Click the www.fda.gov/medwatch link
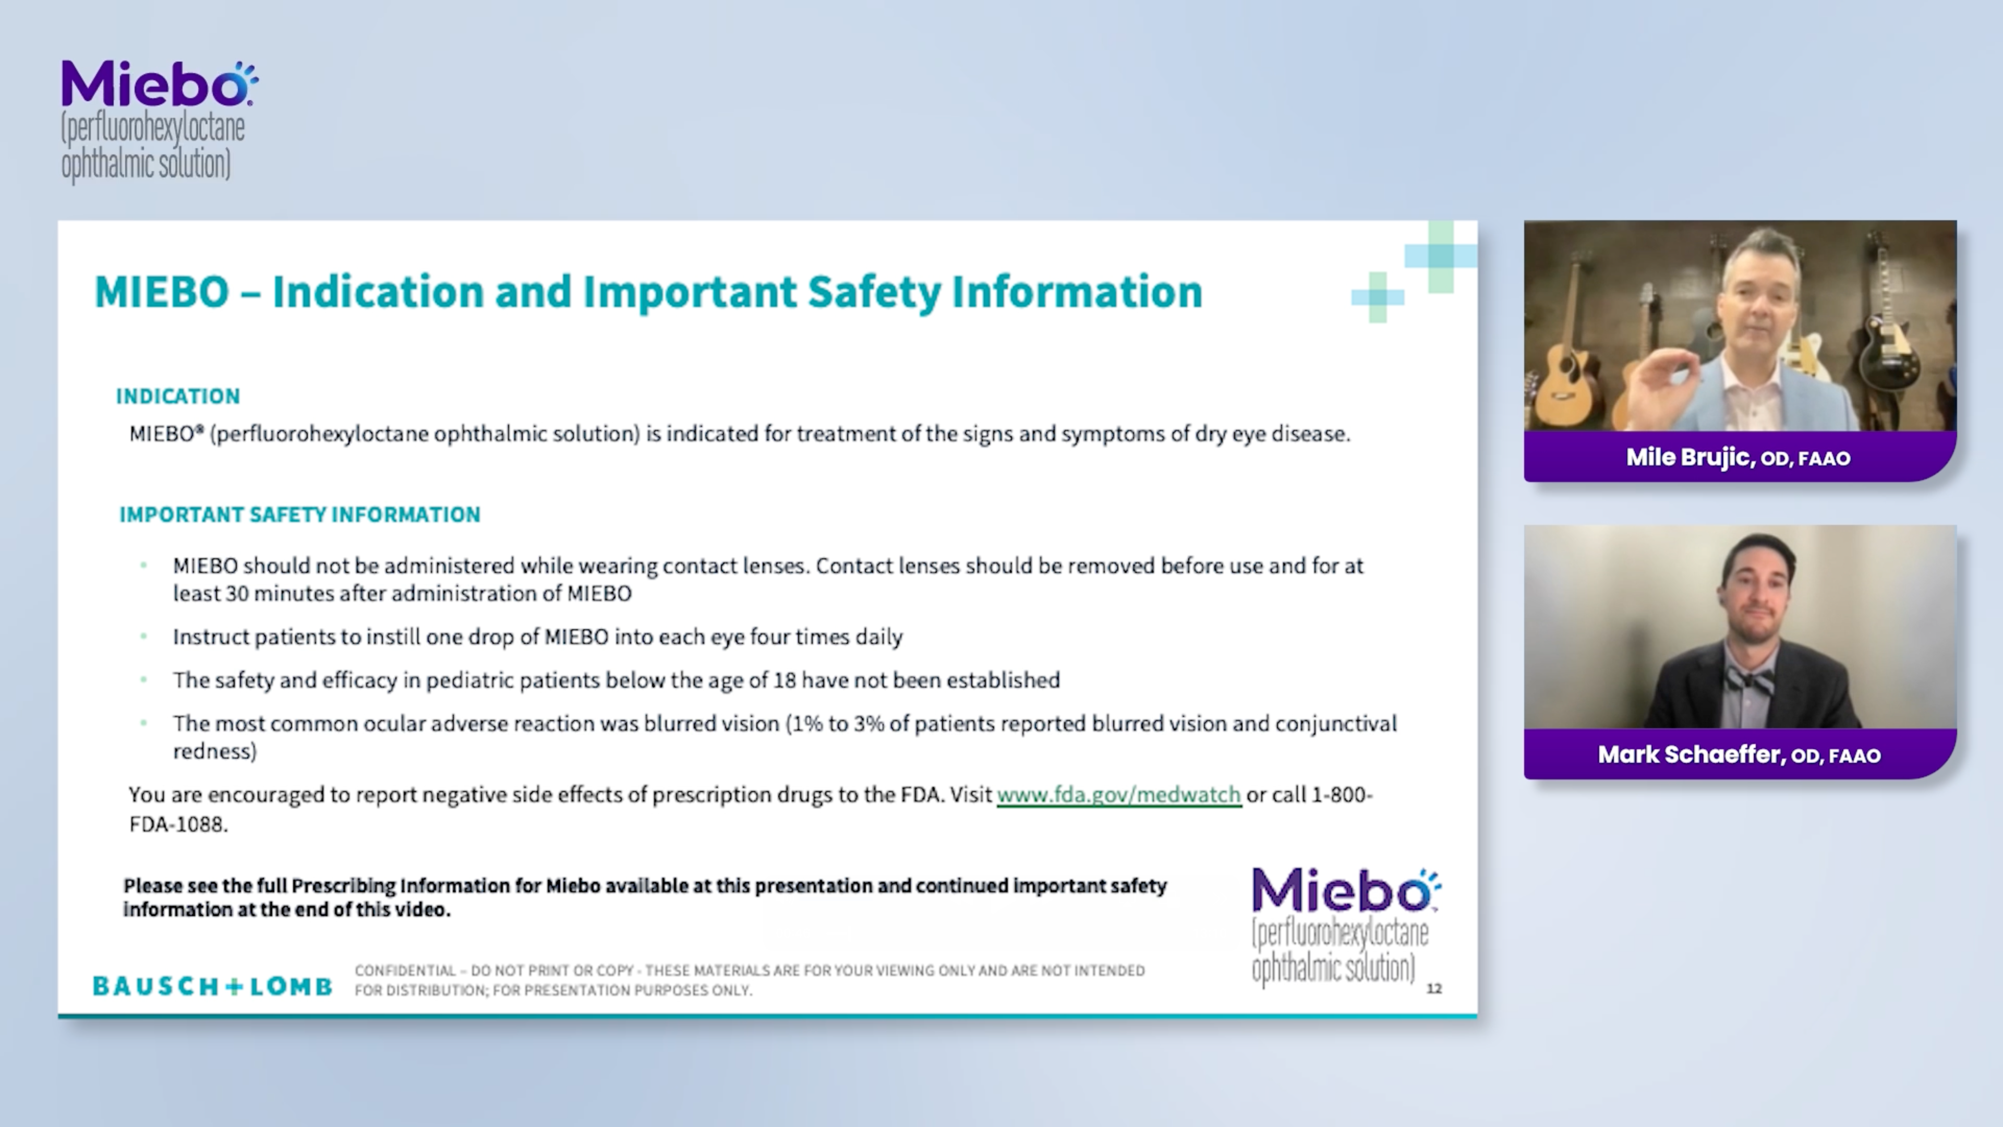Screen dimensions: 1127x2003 (x=1118, y=795)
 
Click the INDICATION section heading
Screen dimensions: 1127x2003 (x=178, y=397)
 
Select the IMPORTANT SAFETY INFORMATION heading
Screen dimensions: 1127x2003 (x=299, y=515)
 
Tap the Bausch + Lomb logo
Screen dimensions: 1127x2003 (x=212, y=986)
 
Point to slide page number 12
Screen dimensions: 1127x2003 (x=1434, y=989)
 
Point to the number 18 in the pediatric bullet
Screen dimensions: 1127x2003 (x=784, y=680)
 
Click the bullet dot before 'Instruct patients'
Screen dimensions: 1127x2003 (x=144, y=636)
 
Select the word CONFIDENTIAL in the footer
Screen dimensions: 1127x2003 (x=404, y=970)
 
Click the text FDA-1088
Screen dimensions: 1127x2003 (x=178, y=824)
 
